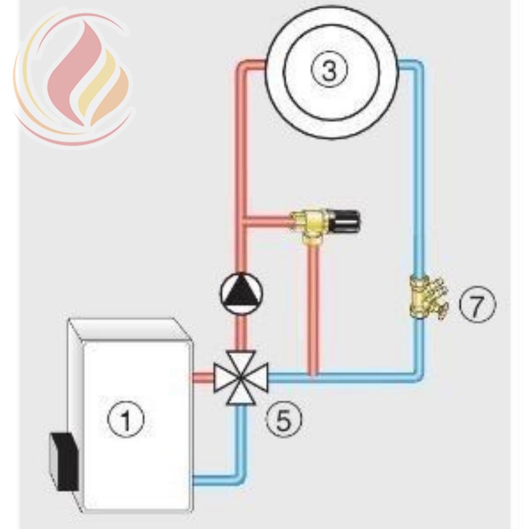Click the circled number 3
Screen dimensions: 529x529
(329, 70)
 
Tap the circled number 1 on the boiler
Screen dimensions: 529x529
(125, 419)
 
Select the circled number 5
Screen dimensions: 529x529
(284, 419)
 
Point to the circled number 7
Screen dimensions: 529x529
(477, 304)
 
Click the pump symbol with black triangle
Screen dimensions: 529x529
(241, 293)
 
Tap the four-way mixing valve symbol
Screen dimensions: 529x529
(241, 378)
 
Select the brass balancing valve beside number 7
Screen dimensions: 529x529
(427, 297)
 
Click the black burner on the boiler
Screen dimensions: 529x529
(64, 461)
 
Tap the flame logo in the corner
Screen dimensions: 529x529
(72, 78)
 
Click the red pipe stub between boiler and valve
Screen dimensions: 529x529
(203, 377)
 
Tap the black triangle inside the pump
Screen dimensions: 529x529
(241, 289)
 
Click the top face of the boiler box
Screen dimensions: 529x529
(128, 330)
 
